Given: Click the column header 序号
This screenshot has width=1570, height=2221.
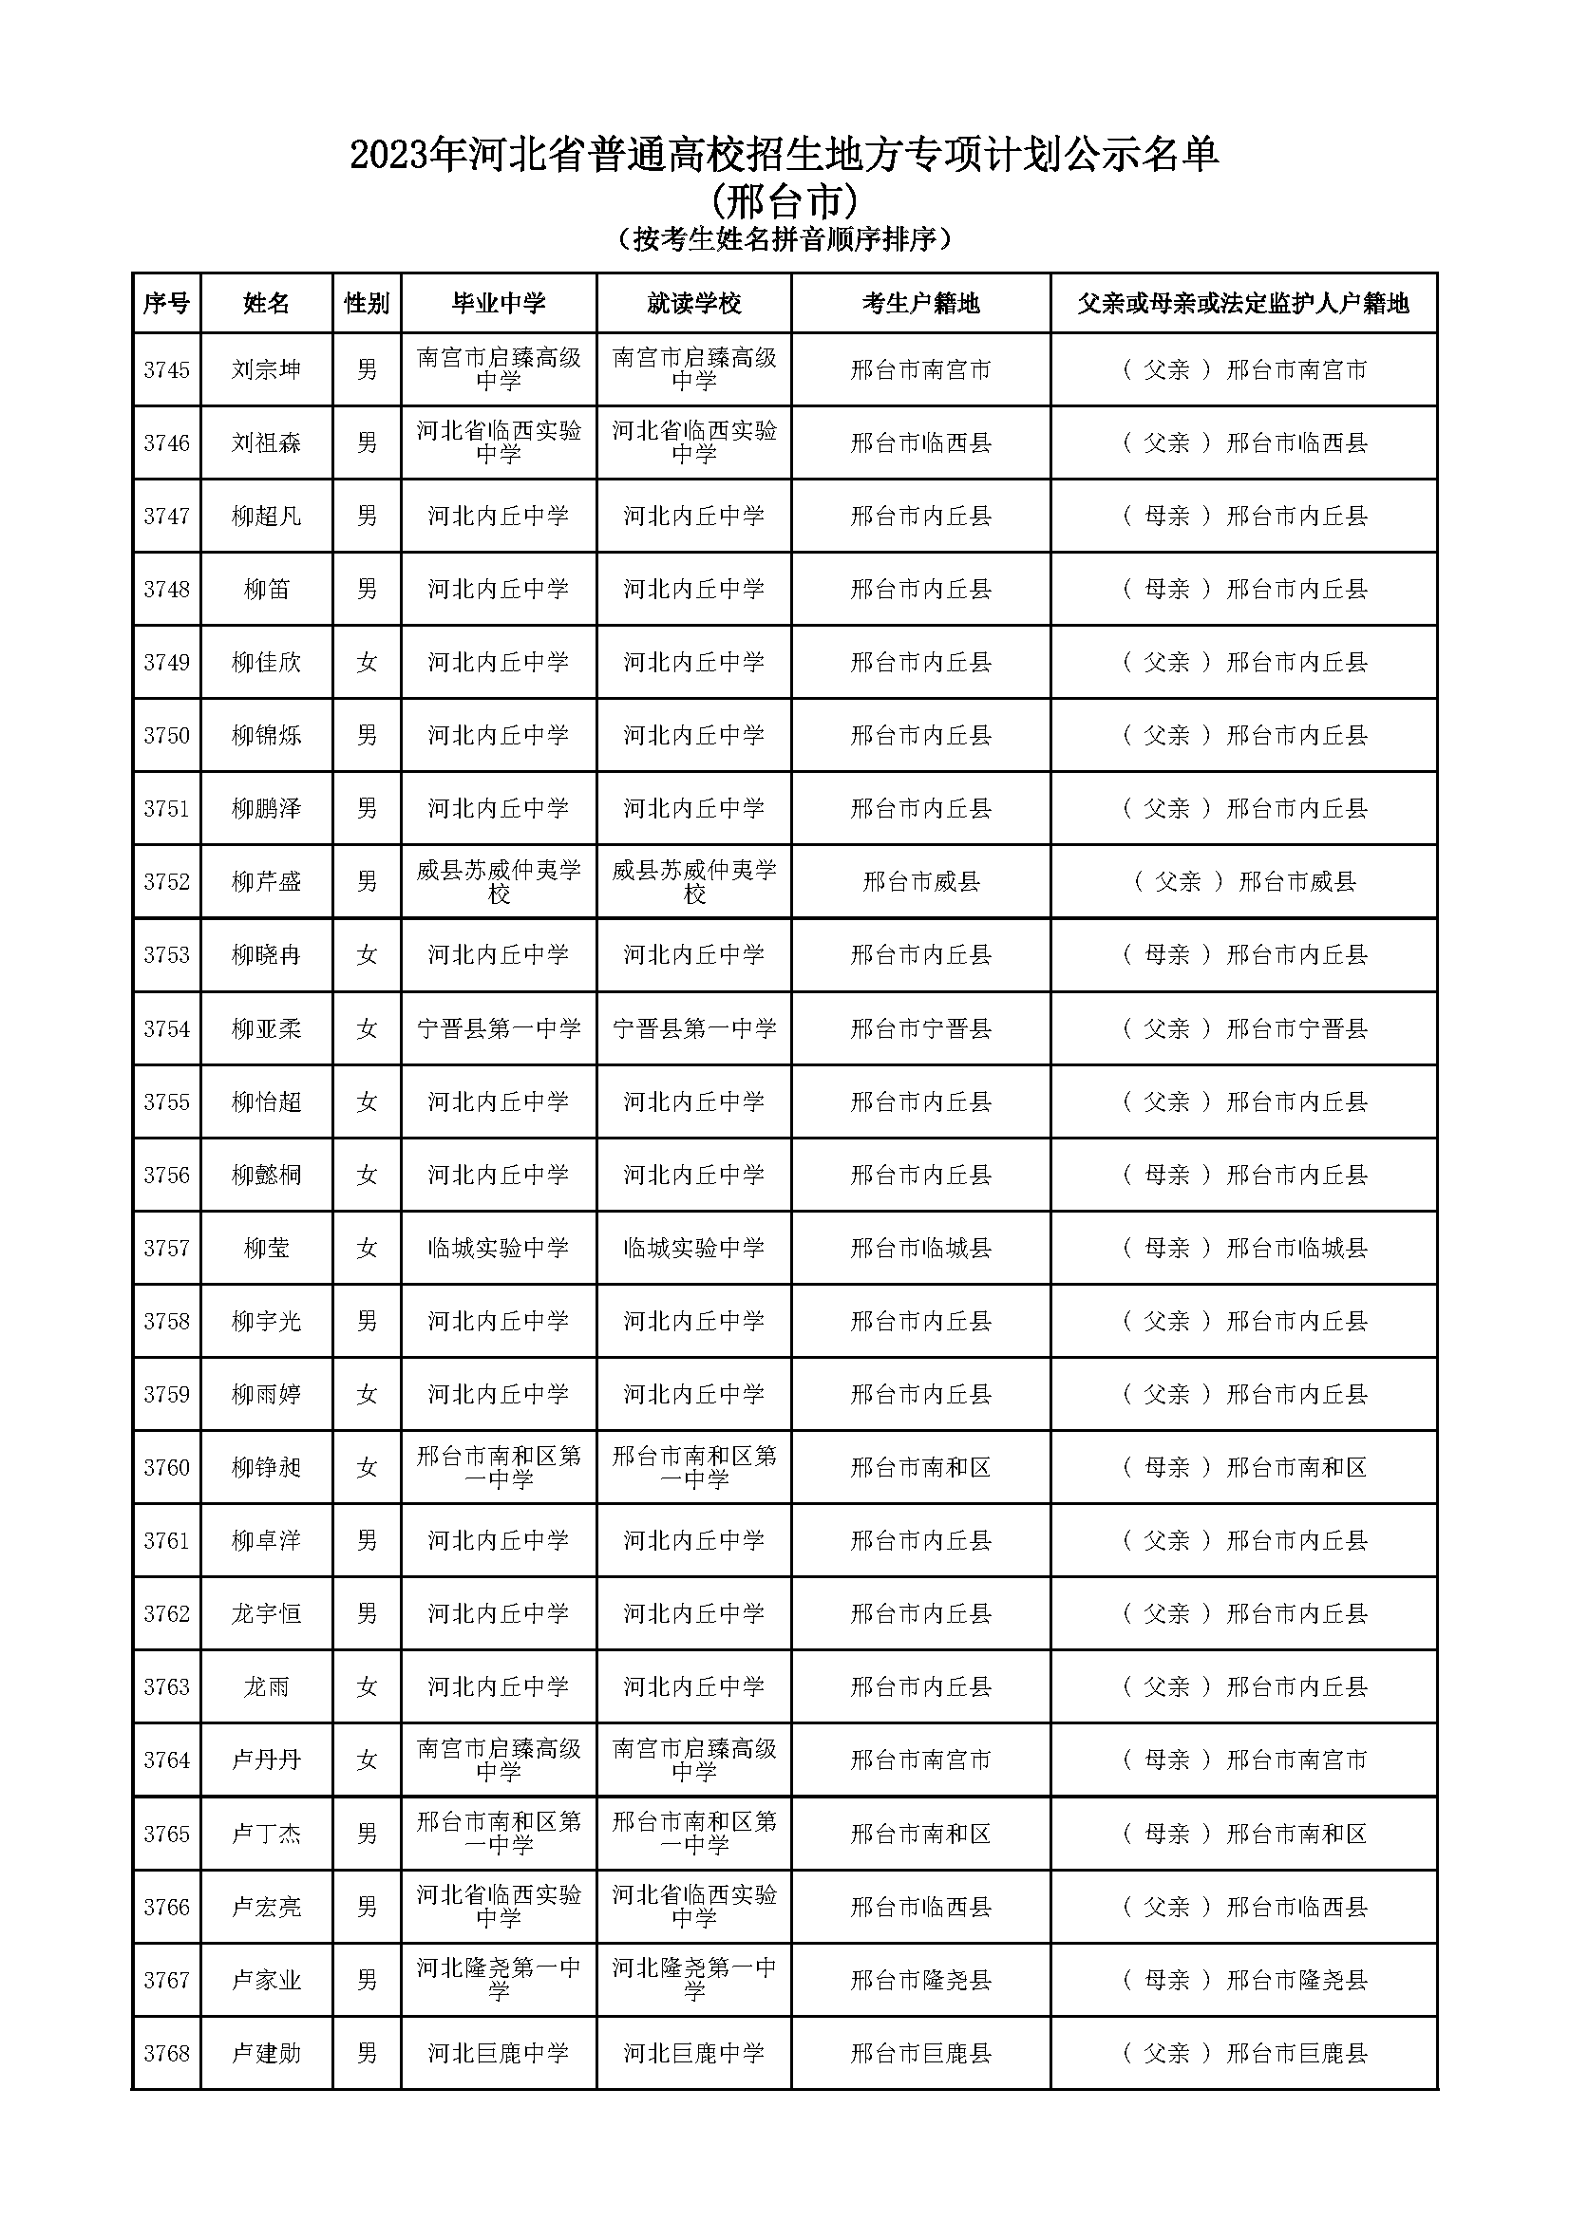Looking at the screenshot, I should pos(166,304).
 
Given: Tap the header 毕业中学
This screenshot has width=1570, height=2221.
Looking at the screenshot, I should pos(499,304).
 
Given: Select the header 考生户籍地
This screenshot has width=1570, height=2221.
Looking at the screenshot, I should pos(920,304).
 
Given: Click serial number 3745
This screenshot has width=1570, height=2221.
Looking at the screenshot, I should pos(166,369).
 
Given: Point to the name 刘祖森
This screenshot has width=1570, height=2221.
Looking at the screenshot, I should pos(266,443).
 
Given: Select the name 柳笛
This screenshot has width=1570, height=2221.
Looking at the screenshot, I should pos(266,589).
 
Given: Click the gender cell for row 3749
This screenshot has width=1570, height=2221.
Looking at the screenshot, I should pos(367,663).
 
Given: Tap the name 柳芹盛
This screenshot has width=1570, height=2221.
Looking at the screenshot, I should pos(266,882).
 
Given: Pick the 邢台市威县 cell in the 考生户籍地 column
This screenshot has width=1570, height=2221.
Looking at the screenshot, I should pos(920,882).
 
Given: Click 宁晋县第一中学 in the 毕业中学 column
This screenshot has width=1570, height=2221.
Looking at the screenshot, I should pos(499,1029).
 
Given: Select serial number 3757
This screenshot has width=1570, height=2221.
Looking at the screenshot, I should pos(166,1249).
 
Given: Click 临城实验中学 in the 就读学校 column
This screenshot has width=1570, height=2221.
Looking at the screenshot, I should pos(693,1249).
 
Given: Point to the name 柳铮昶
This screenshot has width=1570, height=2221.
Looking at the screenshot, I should pos(266,1468).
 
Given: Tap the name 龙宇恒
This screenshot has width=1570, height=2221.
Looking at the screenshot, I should pos(266,1614).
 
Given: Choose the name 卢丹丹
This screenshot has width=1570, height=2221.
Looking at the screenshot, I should pos(266,1760).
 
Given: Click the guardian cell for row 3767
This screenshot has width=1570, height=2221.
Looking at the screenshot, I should pos(1244,1980).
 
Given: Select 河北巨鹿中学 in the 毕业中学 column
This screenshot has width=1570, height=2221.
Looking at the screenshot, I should pos(499,2053).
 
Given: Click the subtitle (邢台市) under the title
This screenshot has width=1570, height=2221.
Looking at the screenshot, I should pos(785,202).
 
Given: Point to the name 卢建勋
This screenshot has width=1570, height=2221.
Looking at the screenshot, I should pos(266,2053).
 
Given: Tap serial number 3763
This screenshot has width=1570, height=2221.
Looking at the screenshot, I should pos(166,1687).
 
